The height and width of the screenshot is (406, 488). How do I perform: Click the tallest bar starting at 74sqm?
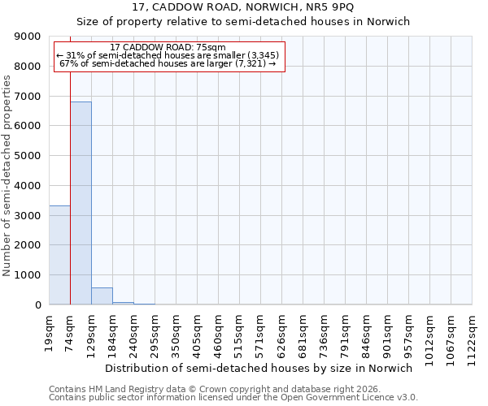coord(81,203)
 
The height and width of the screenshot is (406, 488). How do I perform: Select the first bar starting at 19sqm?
coord(59,255)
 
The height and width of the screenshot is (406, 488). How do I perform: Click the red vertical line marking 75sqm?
coord(71,179)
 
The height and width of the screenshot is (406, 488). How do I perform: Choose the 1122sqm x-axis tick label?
coord(473,336)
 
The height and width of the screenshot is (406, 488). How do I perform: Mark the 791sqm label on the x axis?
coord(346,333)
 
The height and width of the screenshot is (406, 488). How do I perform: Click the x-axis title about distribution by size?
coord(259,368)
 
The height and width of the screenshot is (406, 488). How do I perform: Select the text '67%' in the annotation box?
coord(68,63)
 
